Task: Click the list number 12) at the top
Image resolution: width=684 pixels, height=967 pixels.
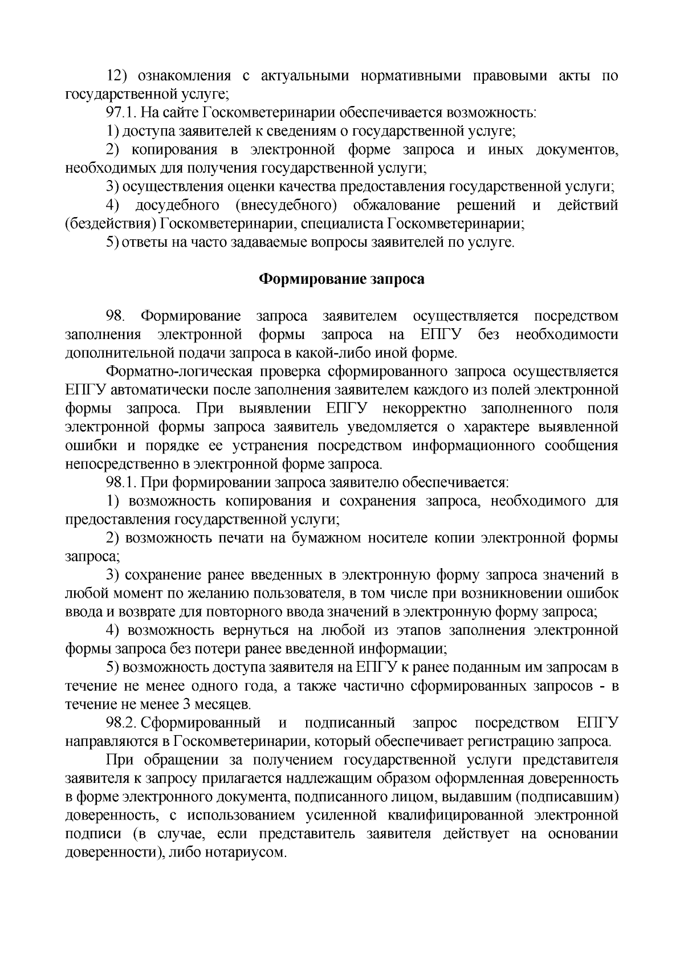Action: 118,76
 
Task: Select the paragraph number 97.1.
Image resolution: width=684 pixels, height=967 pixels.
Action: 123,113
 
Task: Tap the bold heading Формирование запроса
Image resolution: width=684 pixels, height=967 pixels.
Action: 342,279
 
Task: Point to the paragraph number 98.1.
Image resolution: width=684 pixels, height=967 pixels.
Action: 123,483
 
